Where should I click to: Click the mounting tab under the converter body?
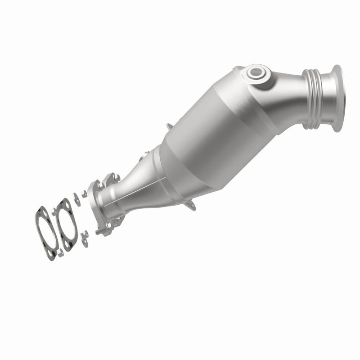[191, 207]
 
